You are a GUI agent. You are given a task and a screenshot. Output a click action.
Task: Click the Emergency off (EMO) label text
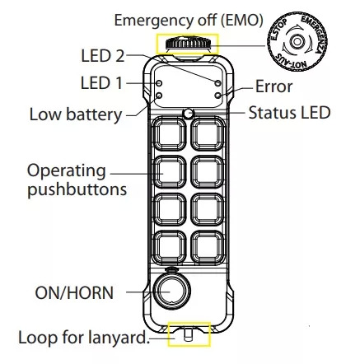coord(189,21)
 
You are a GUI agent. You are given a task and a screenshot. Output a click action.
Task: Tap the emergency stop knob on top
coord(188,44)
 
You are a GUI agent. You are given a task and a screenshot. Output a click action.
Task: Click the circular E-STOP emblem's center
coord(297,41)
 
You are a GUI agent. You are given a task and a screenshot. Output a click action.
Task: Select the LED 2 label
coord(103,56)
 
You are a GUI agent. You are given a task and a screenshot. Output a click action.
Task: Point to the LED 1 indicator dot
coord(159,83)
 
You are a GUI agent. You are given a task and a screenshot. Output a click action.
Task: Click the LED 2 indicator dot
coord(217,83)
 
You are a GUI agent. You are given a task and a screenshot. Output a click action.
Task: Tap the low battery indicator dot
coord(159,96)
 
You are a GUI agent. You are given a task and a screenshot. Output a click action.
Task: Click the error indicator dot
coord(217,96)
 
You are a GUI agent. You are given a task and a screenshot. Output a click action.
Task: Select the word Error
coord(274,86)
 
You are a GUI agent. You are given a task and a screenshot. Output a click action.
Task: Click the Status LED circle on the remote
coord(188,114)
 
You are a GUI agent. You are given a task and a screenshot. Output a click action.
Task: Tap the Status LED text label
coord(289,113)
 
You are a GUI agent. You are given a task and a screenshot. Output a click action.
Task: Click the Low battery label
coord(76,114)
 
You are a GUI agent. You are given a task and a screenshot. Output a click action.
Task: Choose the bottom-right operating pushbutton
coord(208,247)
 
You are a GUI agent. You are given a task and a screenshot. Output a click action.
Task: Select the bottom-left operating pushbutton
coord(169,247)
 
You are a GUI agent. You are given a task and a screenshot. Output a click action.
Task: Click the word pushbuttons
coord(77,190)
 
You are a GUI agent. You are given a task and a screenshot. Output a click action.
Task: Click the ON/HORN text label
coord(74,293)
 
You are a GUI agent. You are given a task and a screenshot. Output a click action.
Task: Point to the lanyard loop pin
coord(188,335)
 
